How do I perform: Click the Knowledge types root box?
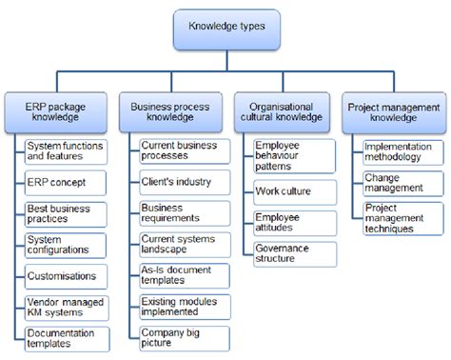coord(225,29)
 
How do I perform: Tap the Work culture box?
coord(293,191)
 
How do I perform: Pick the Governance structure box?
coord(293,253)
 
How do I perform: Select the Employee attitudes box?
coord(293,223)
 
